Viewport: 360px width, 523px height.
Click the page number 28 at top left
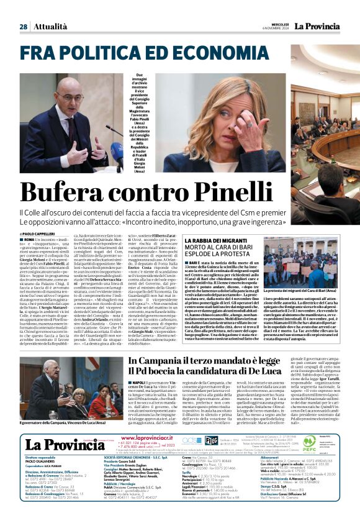[23, 27]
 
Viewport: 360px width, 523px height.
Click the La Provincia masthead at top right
[318, 27]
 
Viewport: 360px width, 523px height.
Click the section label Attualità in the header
[49, 27]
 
